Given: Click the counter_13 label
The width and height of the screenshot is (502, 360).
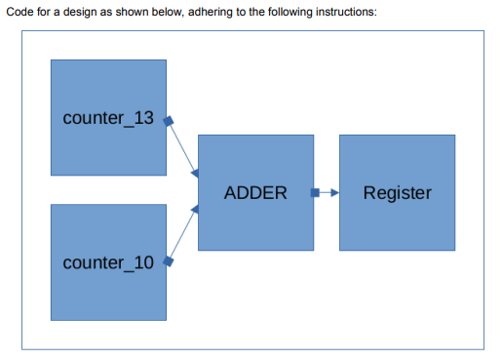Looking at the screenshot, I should [107, 118].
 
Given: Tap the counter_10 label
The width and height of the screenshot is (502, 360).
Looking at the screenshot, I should [107, 262].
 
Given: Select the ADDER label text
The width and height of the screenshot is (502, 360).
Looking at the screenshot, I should [255, 192].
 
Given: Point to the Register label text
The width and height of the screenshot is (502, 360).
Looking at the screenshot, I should [397, 192].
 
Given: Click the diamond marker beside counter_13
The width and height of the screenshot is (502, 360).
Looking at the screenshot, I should [168, 122].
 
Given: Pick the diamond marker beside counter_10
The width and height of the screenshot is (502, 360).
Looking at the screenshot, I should [168, 261].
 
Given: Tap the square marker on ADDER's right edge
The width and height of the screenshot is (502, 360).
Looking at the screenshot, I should [314, 192].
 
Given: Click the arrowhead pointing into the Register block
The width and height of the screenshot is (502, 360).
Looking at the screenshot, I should [333, 192].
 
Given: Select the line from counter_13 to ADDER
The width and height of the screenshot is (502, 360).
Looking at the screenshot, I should [182, 148].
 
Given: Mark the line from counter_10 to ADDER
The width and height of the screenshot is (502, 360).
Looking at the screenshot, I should [182, 237].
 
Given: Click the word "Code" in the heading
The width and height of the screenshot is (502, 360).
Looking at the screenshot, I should [21, 11].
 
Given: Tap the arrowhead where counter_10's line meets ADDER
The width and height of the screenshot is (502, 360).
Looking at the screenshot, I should [195, 214].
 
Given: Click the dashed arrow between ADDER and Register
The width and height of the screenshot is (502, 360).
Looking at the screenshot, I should [325, 192].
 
